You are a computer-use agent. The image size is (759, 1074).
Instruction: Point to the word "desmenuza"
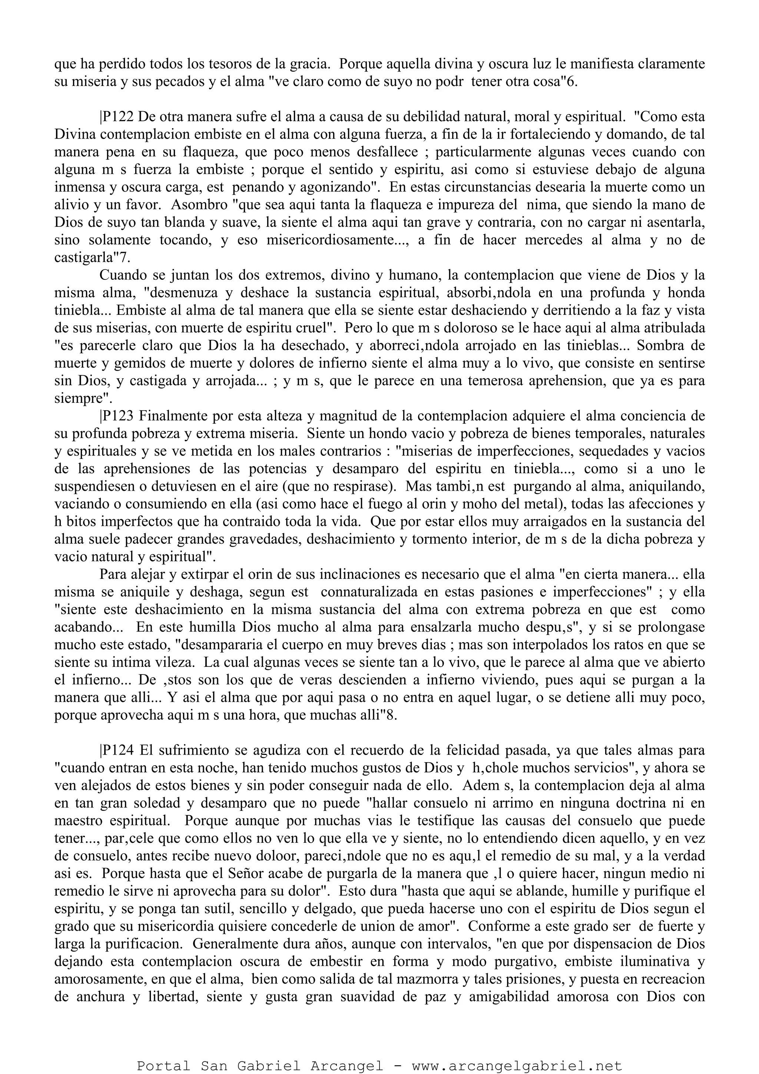click(x=184, y=293)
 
